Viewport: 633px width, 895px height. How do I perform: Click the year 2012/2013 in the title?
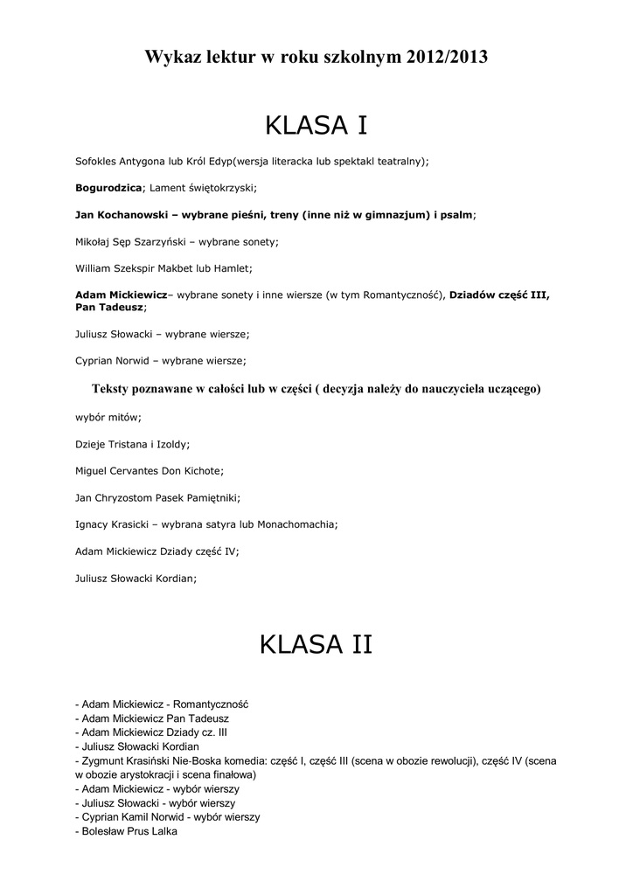[446, 58]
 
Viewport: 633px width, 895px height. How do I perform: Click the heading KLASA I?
[316, 127]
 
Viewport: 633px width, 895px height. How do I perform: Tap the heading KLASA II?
[316, 645]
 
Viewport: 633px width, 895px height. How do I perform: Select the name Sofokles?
[95, 162]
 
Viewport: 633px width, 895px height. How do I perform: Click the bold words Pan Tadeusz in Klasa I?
[109, 308]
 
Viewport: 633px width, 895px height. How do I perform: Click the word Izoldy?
[170, 444]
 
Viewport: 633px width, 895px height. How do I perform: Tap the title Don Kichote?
[191, 471]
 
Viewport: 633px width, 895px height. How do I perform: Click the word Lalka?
[164, 831]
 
